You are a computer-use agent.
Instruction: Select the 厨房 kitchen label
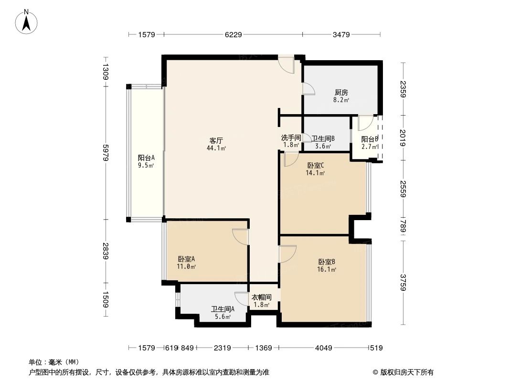point(341,93)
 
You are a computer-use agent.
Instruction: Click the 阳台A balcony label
point(146,158)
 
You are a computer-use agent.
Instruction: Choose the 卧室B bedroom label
point(327,262)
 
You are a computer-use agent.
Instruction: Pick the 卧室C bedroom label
point(316,166)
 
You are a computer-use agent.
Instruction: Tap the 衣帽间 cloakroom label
point(262,297)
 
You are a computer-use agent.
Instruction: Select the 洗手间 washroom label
point(291,138)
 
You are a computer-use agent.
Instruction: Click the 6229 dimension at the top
point(233,34)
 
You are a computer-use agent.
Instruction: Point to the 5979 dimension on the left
point(106,152)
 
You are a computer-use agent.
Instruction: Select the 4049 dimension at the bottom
point(323,348)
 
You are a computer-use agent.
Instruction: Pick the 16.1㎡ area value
point(327,269)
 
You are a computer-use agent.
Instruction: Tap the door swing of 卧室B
point(288,254)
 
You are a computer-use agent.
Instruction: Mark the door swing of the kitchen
point(308,89)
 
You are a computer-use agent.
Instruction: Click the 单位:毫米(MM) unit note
point(53,362)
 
